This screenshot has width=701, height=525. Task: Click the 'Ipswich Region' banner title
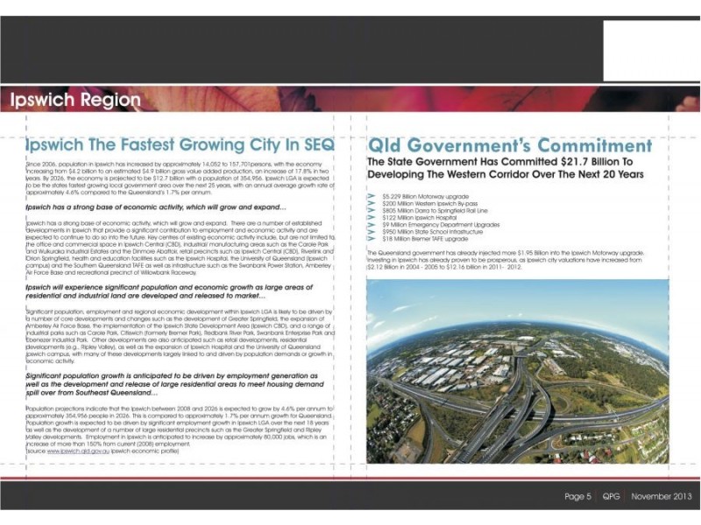(75, 100)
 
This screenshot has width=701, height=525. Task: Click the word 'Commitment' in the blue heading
(583, 144)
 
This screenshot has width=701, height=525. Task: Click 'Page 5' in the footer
(577, 496)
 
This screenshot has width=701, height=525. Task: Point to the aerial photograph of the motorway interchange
(517, 372)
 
